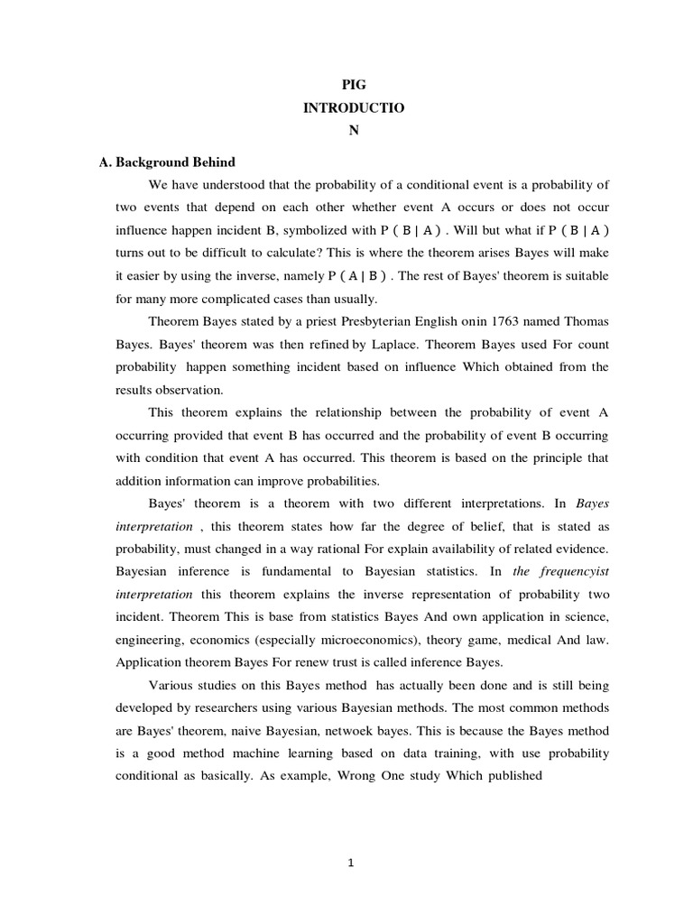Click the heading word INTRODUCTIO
click(x=354, y=106)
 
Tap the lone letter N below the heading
click(x=354, y=129)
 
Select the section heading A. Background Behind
click(x=167, y=162)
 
